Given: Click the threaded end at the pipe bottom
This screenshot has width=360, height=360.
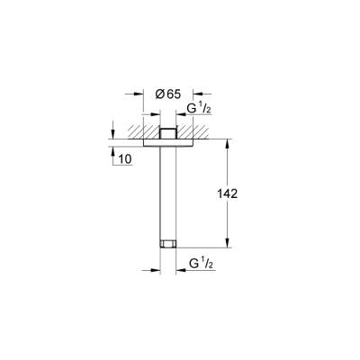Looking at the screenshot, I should (x=167, y=242).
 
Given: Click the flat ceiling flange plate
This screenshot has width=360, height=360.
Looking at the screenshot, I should (x=167, y=142).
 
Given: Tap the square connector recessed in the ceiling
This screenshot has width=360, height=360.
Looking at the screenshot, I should (x=167, y=132).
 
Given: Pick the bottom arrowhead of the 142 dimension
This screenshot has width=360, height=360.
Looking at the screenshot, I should (x=228, y=243).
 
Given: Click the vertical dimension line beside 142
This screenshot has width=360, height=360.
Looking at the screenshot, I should (x=228, y=216).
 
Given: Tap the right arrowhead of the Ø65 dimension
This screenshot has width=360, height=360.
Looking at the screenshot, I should (x=195, y=93).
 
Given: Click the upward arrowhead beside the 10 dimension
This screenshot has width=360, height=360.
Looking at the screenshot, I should (x=112, y=150).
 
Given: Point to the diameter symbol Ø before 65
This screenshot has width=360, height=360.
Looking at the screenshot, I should (x=158, y=93).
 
